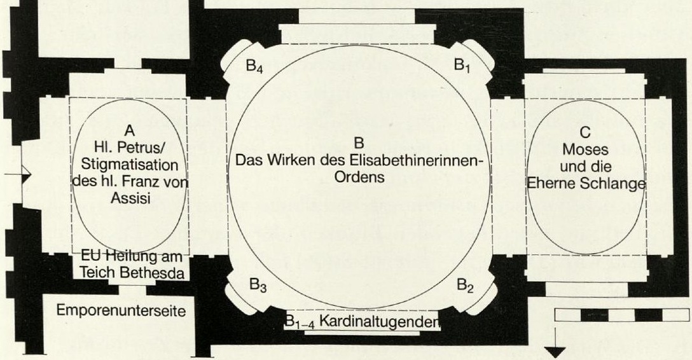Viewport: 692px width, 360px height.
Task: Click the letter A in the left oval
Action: [129, 130]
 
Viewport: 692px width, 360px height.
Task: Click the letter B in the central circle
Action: [359, 143]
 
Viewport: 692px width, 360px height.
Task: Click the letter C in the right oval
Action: [585, 132]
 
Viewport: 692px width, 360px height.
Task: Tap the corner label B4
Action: [254, 67]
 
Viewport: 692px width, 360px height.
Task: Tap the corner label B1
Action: [462, 66]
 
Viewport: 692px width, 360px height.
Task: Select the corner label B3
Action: [258, 285]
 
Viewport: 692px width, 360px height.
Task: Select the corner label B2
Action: [465, 285]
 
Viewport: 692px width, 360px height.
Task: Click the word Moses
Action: [585, 149]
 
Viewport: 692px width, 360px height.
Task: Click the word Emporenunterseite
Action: [121, 310]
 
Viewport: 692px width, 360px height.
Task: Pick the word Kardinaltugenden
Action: [378, 322]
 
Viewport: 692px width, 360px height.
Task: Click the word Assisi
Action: [130, 198]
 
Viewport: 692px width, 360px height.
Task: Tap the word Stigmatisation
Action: [130, 165]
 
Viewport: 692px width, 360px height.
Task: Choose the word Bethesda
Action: [152, 273]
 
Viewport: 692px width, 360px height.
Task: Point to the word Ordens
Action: [359, 177]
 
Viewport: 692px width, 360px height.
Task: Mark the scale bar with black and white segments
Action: [621, 315]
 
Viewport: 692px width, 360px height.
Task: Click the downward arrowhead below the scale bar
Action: [555, 352]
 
